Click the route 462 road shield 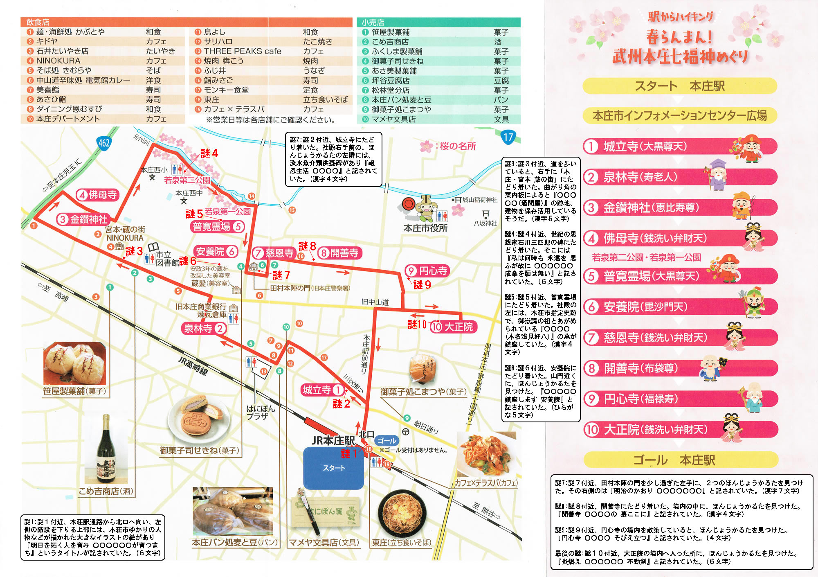pos(104,143)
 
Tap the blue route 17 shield pos(508,137)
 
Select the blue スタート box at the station pos(333,468)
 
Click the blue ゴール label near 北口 pos(387,441)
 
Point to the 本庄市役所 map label pos(425,228)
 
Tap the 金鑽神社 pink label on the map pos(83,219)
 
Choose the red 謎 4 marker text pos(209,153)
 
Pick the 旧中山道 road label pos(375,302)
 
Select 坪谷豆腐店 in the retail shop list pos(390,81)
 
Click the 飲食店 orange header pos(38,22)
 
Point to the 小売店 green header pos(373,23)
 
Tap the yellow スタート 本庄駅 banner pos(679,86)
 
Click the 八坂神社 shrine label pos(485,223)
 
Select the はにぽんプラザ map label pos(260,412)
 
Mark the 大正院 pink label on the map pos(454,327)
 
